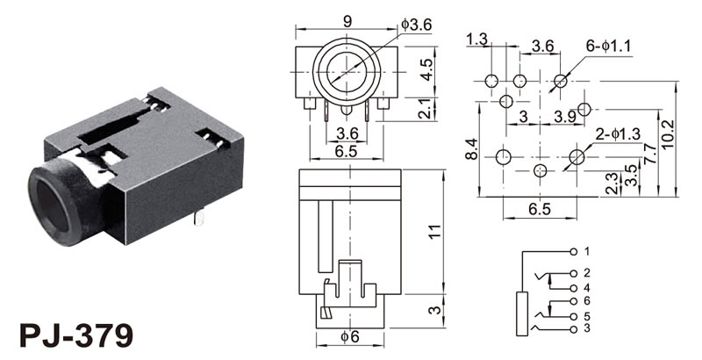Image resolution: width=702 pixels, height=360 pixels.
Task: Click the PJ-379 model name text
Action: pos(77,335)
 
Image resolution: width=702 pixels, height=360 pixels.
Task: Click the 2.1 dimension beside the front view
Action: pos(426,110)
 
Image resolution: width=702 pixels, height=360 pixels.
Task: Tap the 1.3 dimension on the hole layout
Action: pos(478,40)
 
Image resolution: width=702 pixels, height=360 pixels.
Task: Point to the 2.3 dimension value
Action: pos(611,181)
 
